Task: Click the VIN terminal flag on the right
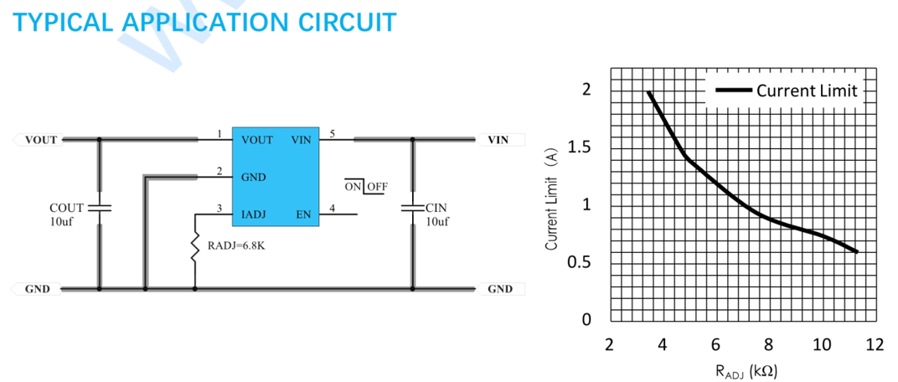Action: point(499,140)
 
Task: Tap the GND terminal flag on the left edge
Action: point(35,289)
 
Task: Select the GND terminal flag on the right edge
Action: point(500,289)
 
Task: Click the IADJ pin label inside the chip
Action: point(253,214)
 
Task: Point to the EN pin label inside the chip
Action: point(303,214)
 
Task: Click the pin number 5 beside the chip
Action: point(333,134)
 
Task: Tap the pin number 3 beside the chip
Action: point(219,209)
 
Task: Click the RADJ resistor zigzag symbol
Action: point(194,247)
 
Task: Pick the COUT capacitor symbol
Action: point(100,207)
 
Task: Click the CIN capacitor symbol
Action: point(412,207)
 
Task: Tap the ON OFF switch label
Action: point(366,187)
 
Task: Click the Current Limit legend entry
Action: point(786,90)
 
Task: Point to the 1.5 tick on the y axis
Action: point(581,147)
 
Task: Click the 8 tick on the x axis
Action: point(768,345)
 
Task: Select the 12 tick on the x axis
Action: point(875,345)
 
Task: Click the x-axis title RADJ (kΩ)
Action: point(746,370)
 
